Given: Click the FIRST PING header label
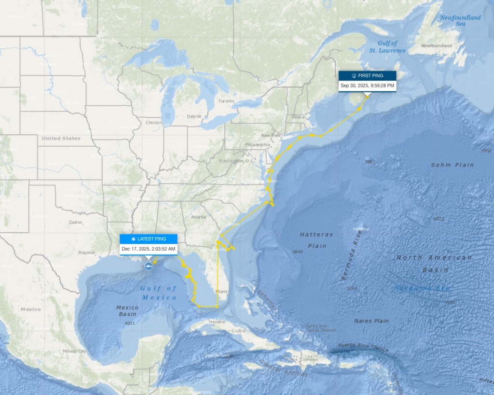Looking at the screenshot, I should coord(367,76).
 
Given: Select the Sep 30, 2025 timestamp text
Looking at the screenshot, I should coord(367,86).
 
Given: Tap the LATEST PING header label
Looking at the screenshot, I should coord(149,239).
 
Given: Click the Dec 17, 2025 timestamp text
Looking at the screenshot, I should coord(149,249).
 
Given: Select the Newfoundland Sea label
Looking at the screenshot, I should coord(460,21).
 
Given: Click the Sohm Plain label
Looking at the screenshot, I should coord(452,165).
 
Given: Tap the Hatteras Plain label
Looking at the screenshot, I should coord(316,240).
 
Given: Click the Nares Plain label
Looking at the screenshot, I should coord(371,321).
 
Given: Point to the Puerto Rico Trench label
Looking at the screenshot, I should coord(363,347).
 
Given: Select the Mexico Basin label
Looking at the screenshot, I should coord(127,310).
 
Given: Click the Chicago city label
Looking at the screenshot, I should coord(154,123).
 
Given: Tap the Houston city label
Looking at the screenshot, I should coord(87,253).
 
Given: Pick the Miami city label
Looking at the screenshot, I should coord(221,292).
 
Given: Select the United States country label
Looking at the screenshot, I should coord(61,139).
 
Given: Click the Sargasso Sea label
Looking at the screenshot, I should coord(422,288).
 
